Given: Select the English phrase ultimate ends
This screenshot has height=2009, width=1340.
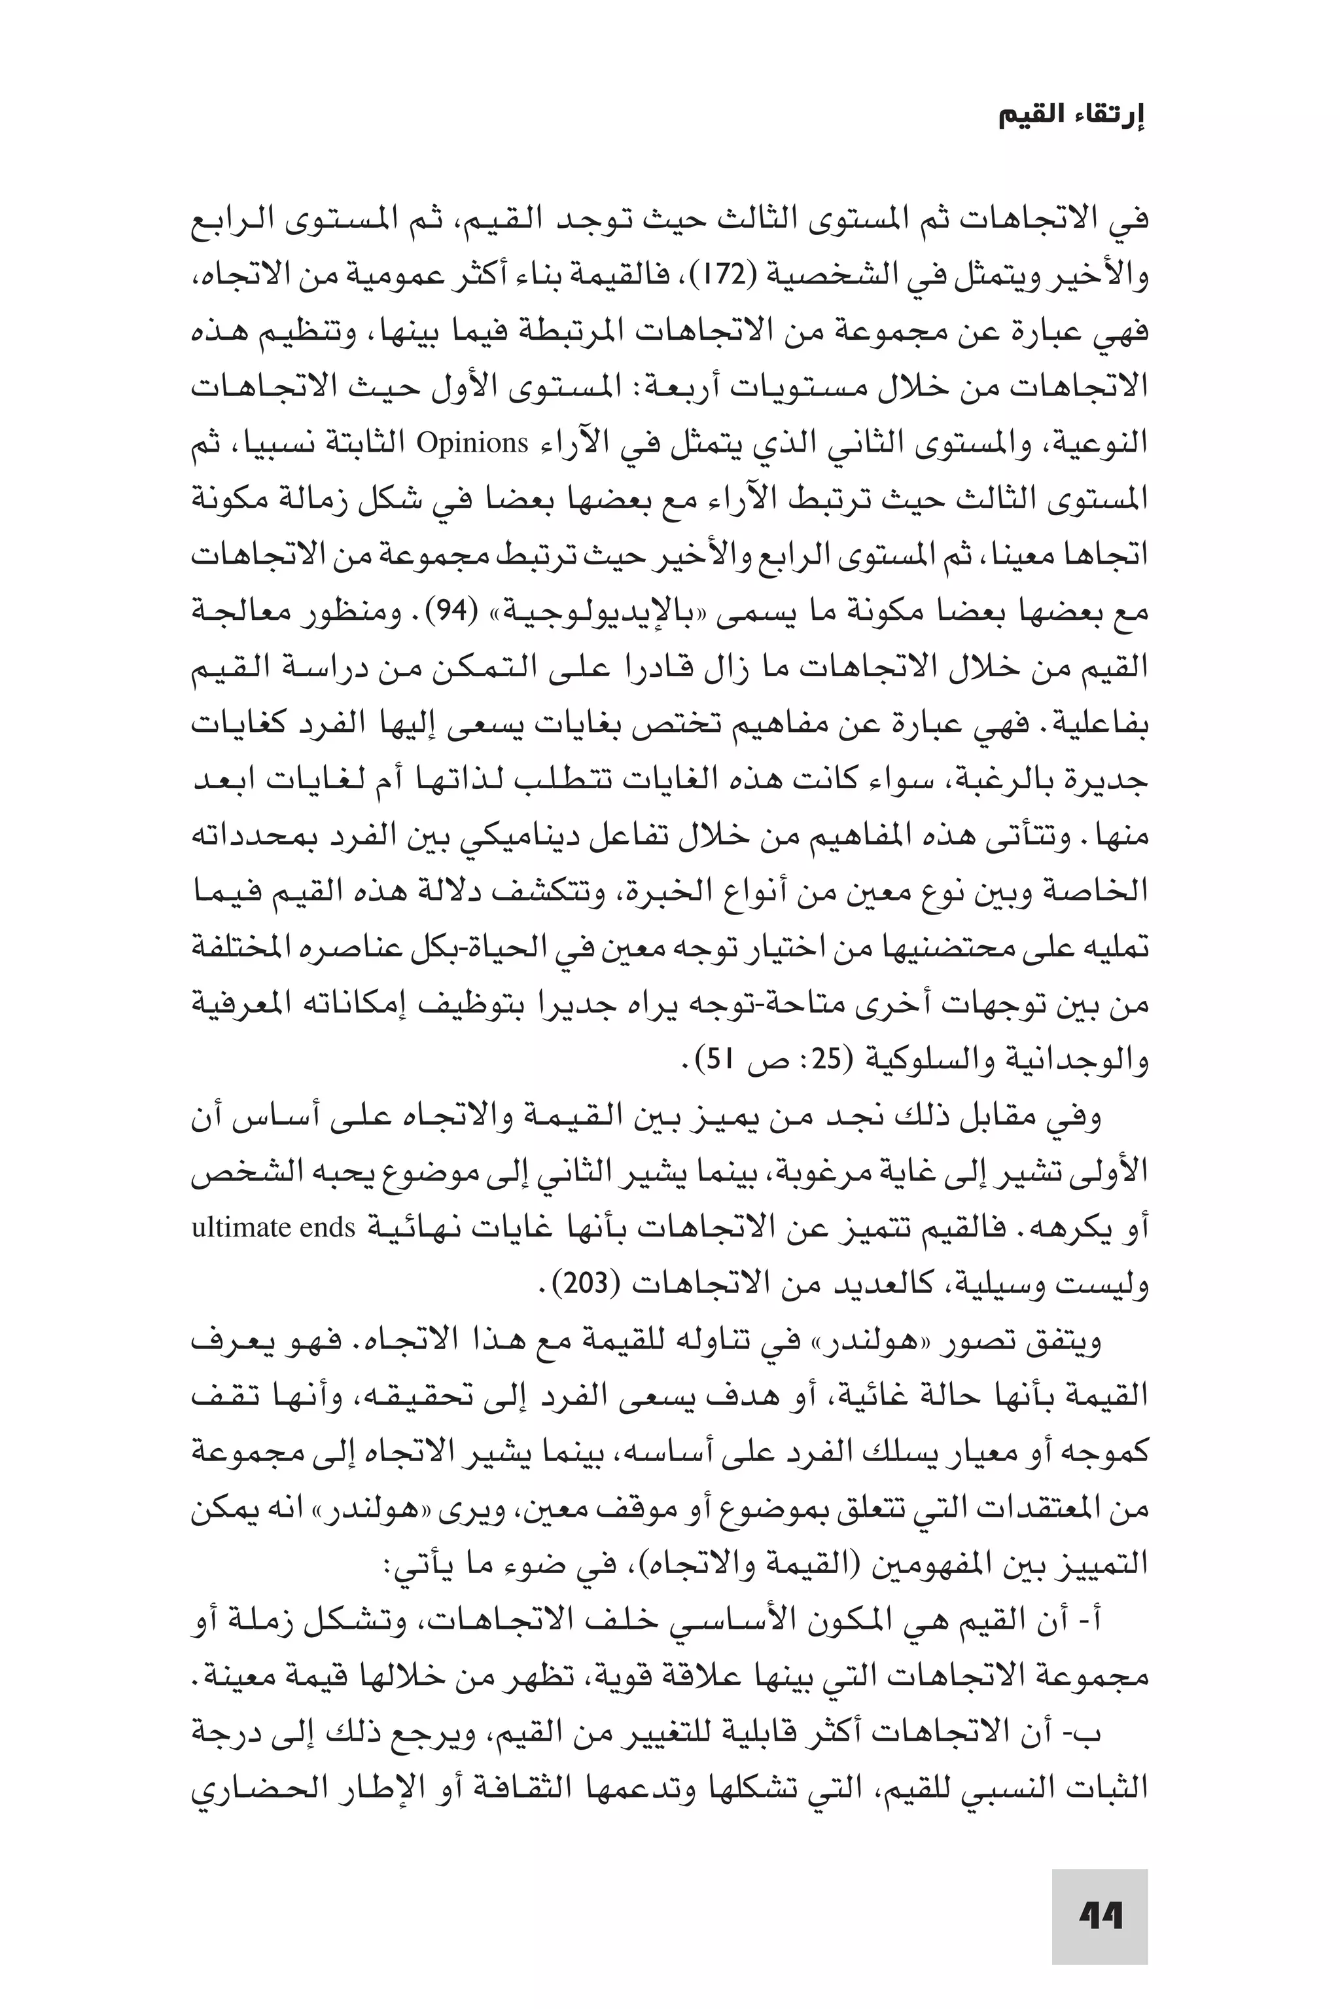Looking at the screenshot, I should coord(273,1227).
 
